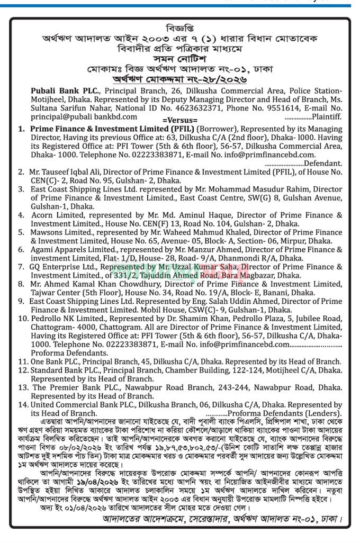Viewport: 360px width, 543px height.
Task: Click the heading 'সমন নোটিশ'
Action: point(180,60)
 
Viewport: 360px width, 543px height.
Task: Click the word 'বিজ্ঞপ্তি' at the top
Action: point(180,27)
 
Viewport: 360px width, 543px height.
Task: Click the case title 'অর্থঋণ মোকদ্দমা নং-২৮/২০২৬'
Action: point(180,80)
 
